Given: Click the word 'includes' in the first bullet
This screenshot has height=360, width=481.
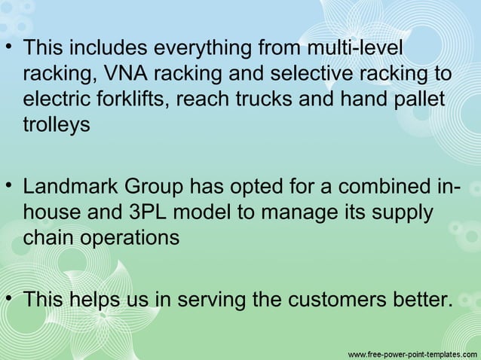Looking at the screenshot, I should point(112,49).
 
